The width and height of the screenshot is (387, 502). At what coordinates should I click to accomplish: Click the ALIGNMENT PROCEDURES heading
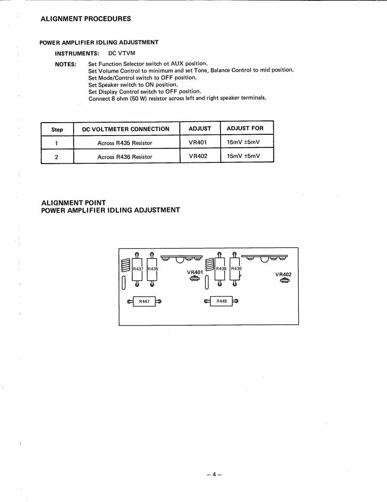pos(85,19)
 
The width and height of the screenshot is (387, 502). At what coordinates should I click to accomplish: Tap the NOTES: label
pos(65,64)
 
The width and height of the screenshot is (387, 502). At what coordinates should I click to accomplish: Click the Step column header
pos(57,129)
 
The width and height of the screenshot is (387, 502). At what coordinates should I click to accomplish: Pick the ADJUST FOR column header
pos(245,128)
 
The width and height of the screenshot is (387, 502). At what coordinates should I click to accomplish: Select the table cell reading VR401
pos(197,143)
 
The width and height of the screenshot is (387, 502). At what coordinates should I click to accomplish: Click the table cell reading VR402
pos(198,156)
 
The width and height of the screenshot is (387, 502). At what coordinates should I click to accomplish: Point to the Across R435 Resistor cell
pos(125,143)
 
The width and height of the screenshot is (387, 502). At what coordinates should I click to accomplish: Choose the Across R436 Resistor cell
pos(125,157)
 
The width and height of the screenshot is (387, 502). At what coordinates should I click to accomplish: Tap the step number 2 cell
pos(57,157)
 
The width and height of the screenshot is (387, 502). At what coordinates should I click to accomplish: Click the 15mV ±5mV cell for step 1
pos(243,143)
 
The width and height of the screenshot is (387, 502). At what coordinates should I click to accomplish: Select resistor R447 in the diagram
pos(144,302)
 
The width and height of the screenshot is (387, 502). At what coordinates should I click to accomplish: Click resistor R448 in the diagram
pos(221,301)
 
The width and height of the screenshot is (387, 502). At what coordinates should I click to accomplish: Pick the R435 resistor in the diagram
pos(153,269)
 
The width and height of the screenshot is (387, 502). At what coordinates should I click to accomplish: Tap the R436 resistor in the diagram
pos(236,269)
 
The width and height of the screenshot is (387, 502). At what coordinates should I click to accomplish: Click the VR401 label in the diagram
pos(195,272)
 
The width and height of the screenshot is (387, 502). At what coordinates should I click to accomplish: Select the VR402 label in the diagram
pos(283,274)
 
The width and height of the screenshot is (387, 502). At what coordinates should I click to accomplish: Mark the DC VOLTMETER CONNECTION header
pos(126,129)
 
